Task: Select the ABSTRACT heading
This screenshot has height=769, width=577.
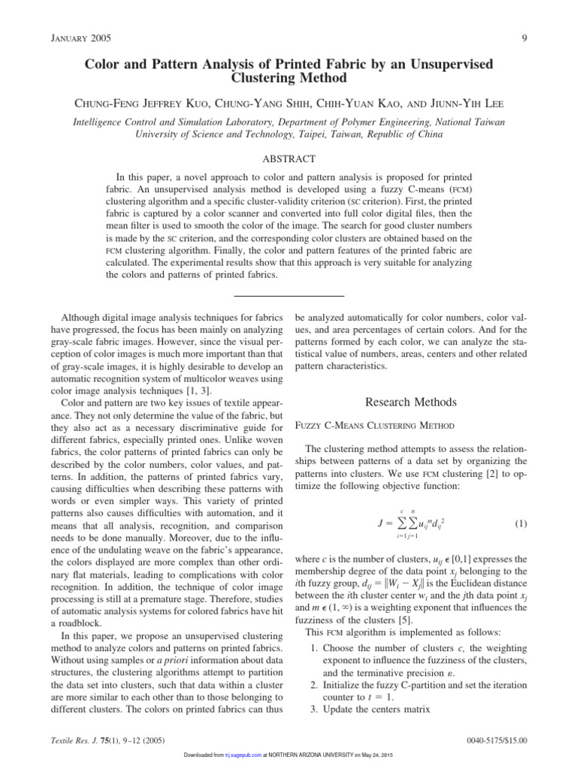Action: (x=288, y=158)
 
